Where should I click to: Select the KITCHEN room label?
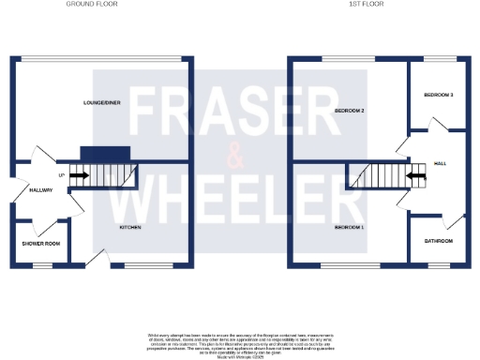coord(129,228)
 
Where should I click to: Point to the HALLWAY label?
coord(39,190)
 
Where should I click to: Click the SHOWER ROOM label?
coord(40,244)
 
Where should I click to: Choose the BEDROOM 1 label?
coord(349,228)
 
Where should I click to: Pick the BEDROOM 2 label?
coord(349,111)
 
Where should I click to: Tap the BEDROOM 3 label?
coord(438,95)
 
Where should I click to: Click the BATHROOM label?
coord(438,241)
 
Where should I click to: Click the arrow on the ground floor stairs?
coord(78,175)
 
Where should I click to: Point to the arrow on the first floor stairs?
coord(413,175)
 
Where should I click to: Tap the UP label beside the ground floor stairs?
coord(62,175)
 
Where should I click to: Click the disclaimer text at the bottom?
coord(240,343)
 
